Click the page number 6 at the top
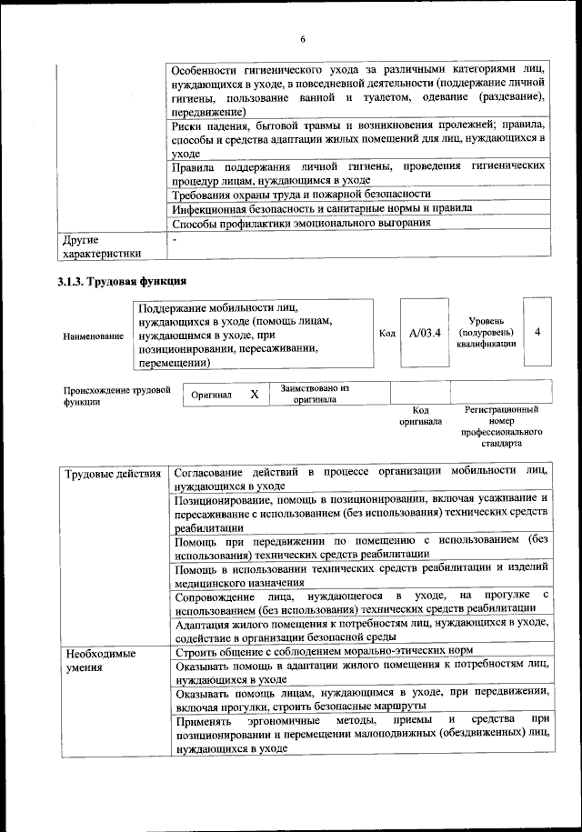303,37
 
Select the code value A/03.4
425,333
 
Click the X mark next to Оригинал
255,395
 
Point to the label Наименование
93,336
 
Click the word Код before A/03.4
386,334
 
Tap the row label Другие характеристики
103,246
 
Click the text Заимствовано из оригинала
315,394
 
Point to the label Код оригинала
420,416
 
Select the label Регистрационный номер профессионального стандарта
501,427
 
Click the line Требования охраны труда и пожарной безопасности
301,194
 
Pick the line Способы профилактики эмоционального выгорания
301,223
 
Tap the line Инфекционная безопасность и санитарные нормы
322,208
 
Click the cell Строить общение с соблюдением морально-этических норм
336,652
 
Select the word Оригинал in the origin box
211,396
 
